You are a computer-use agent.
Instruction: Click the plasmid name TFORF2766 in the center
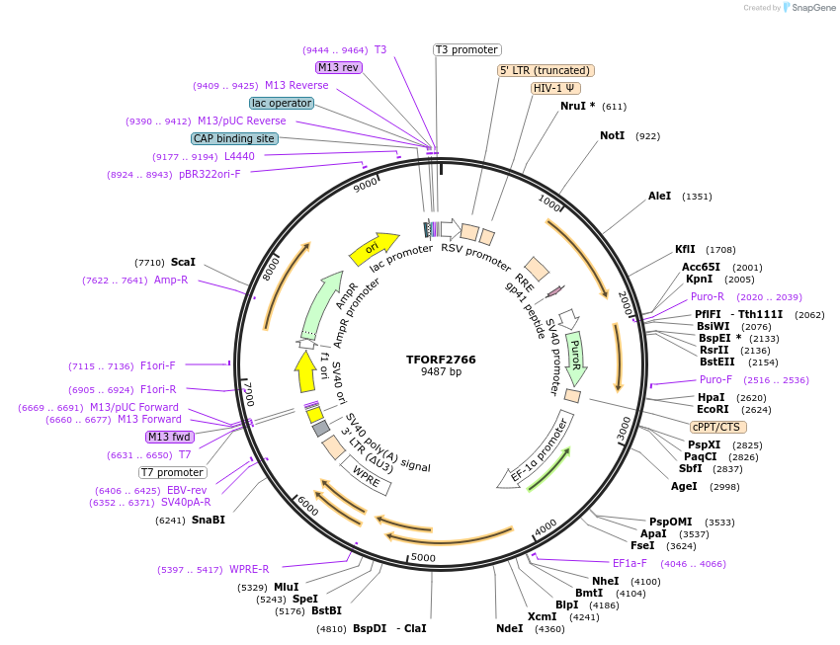coord(441,360)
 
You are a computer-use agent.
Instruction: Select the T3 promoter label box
coord(467,49)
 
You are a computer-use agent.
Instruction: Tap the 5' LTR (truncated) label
coord(546,70)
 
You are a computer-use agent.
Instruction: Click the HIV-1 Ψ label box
coord(555,88)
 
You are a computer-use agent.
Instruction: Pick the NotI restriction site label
coord(612,135)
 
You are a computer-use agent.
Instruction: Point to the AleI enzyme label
coord(659,196)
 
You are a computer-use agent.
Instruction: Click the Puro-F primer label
coord(716,379)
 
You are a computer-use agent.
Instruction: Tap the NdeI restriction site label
coord(509,628)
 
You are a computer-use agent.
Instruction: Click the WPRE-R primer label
coord(249,569)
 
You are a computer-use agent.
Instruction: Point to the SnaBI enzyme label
coord(209,520)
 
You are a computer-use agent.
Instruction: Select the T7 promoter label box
coord(173,472)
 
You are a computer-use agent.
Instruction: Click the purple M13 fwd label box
coord(169,437)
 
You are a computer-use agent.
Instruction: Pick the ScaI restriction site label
coord(183,262)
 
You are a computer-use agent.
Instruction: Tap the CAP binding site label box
coord(234,139)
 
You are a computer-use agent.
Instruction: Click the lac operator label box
coord(282,103)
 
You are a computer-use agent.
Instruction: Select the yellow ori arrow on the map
coord(374,248)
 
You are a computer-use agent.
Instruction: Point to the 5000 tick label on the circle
coord(423,558)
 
